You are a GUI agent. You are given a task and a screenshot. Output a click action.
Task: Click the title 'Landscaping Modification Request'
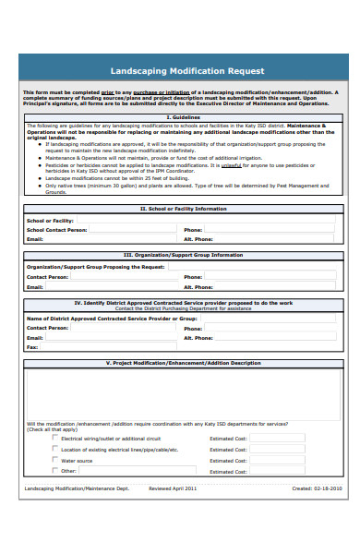click(187, 71)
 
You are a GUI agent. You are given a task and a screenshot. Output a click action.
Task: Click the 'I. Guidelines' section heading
click(182, 117)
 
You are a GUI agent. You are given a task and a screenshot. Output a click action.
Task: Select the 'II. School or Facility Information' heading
click(182, 209)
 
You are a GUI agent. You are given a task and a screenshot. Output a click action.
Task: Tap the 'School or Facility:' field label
click(50, 221)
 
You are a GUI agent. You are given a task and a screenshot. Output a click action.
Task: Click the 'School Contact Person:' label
click(57, 230)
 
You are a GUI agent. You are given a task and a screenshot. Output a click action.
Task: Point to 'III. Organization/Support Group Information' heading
click(182, 255)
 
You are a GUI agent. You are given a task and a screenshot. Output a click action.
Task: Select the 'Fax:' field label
click(32, 346)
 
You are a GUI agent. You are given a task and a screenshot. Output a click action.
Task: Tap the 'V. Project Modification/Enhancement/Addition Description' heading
click(182, 363)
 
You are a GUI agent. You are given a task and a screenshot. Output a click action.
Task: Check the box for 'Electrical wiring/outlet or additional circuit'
click(54, 438)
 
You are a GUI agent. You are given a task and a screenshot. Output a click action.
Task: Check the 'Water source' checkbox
click(54, 460)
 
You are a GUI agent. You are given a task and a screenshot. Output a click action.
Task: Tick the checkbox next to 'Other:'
click(54, 471)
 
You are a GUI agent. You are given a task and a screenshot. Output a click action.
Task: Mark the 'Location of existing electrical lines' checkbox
click(54, 449)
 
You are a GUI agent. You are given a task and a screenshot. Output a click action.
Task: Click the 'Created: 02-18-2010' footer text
click(316, 488)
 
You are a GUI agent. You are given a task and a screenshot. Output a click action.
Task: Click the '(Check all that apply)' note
click(52, 429)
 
